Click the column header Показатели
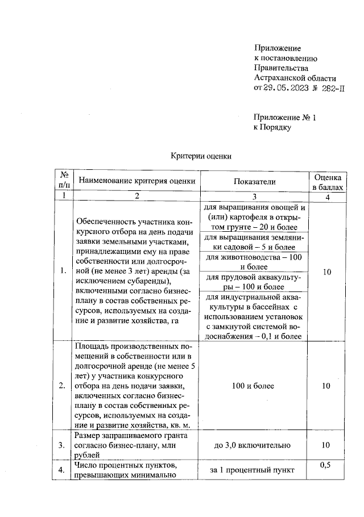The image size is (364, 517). click(x=254, y=181)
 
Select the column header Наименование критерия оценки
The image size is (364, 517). click(x=136, y=181)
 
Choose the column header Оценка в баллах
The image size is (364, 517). click(x=327, y=181)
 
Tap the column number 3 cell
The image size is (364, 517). click(x=254, y=196)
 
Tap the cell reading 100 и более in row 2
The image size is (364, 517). click(x=254, y=386)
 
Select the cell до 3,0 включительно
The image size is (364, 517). click(x=254, y=445)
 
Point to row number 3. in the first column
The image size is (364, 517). click(x=63, y=445)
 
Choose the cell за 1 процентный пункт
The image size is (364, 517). click(x=254, y=470)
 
